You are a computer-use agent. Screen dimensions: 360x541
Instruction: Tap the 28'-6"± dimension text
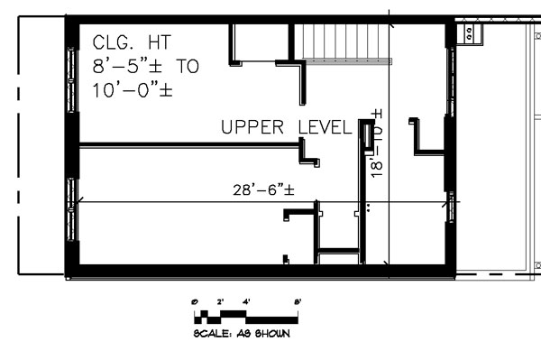(x=264, y=189)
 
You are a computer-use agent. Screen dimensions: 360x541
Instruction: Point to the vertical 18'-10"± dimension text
(x=377, y=144)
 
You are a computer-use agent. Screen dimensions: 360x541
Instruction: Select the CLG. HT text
(x=131, y=42)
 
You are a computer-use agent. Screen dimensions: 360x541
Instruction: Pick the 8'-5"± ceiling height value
(x=132, y=66)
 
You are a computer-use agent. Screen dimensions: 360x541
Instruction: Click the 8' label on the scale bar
(x=298, y=301)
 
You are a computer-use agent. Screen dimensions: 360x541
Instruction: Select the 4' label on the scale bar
(x=246, y=301)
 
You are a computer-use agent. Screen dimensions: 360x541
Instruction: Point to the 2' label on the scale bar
(x=220, y=301)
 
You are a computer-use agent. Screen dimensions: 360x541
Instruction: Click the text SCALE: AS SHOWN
(x=242, y=333)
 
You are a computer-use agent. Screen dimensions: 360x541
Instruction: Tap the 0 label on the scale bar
(x=195, y=301)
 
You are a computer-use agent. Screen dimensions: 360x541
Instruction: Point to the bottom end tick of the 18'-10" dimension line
(x=389, y=263)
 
